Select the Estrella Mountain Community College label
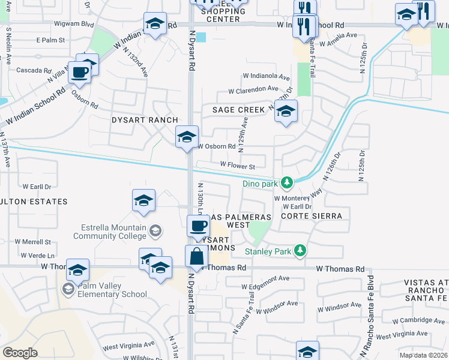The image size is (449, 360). tap(109, 232)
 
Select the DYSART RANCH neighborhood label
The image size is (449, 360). tap(145, 120)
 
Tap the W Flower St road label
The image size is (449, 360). tap(238, 164)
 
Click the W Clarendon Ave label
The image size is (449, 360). tap(253, 90)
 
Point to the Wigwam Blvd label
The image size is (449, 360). tap(74, 25)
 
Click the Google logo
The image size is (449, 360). tap(20, 353)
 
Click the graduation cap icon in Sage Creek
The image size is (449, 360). tap(286, 111)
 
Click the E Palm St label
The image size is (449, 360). tap(50, 40)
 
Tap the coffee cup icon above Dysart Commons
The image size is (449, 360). tap(198, 227)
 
